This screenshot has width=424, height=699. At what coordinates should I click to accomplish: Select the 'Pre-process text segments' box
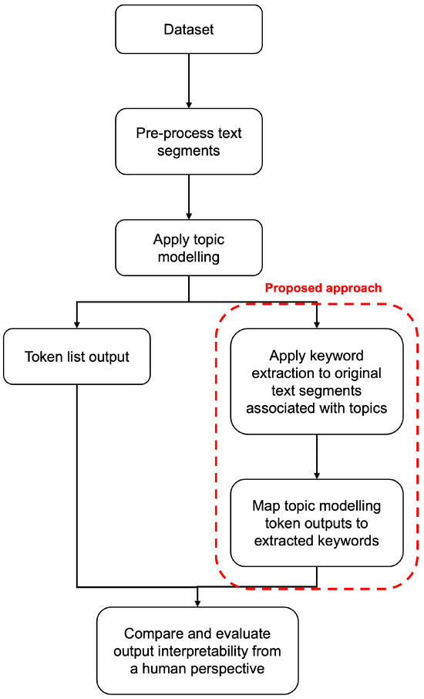point(189,141)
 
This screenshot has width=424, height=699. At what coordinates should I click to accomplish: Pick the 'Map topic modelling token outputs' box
point(316,524)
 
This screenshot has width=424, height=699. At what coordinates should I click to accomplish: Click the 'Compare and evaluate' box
point(197,650)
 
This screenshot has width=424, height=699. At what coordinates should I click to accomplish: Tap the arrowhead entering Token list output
point(77,324)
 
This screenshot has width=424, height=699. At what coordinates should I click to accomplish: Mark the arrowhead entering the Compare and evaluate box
point(197,603)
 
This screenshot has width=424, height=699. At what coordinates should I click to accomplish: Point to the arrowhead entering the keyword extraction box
point(316,324)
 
